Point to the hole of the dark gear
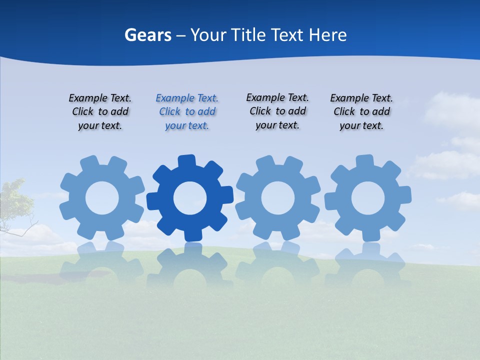(x=189, y=198)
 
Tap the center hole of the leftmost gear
(x=102, y=198)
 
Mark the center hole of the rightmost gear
(x=367, y=198)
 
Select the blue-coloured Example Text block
(x=187, y=111)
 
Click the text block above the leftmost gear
(x=100, y=111)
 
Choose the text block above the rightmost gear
(x=361, y=111)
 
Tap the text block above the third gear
(x=277, y=111)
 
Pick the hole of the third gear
(x=277, y=198)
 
